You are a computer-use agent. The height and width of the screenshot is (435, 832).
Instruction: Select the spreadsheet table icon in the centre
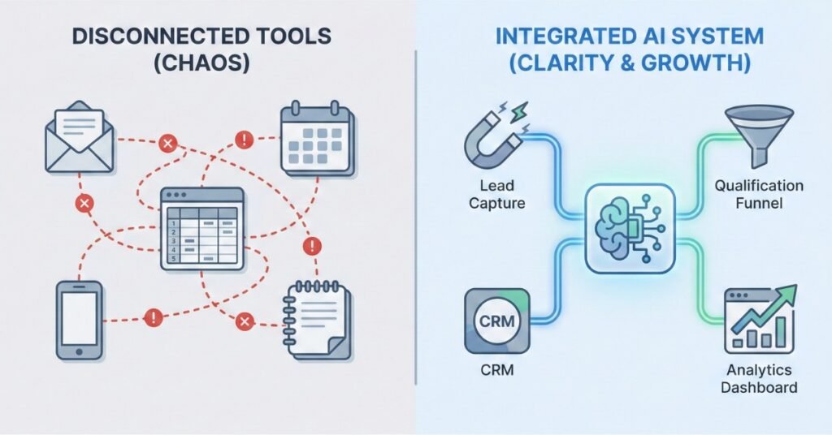pyautogui.click(x=201, y=230)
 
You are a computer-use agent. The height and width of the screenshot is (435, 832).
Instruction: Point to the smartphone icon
pyautogui.click(x=79, y=320)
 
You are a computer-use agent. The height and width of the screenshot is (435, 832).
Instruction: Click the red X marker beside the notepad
pyautogui.click(x=242, y=323)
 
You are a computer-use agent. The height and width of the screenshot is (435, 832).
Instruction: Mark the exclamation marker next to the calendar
pyautogui.click(x=244, y=140)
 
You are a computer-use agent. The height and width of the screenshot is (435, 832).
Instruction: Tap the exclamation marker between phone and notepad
pyautogui.click(x=150, y=317)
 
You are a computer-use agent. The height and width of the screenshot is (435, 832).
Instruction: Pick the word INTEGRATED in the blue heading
pyautogui.click(x=554, y=38)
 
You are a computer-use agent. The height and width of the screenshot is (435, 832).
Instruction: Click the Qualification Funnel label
pyautogui.click(x=759, y=195)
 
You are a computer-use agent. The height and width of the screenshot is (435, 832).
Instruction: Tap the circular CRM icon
pyautogui.click(x=496, y=321)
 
